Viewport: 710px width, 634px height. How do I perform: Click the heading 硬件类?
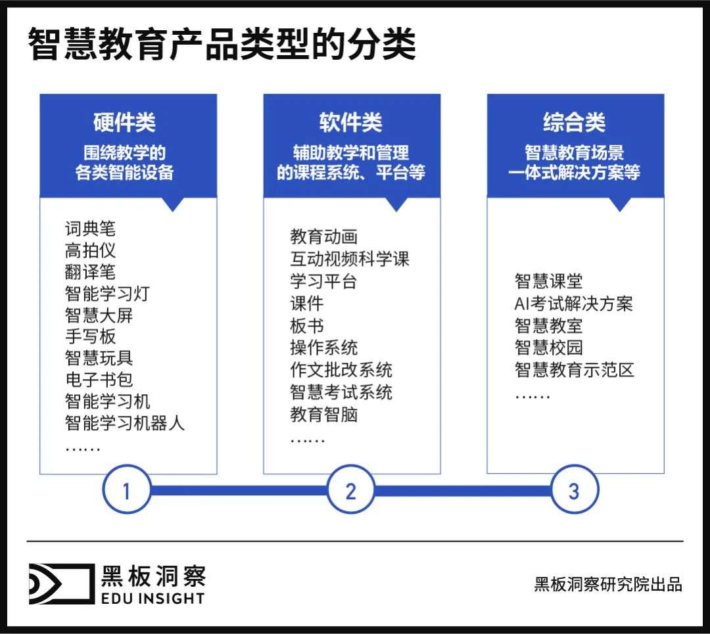(124, 122)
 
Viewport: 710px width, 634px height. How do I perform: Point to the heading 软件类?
(351, 122)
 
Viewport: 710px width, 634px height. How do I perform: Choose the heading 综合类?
(575, 122)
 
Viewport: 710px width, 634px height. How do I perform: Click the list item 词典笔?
(90, 229)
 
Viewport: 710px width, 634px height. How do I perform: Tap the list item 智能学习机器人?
(124, 423)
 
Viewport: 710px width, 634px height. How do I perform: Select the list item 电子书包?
(99, 380)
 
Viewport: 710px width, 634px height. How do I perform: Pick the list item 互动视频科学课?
(350, 259)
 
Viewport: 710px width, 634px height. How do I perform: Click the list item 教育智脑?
(323, 414)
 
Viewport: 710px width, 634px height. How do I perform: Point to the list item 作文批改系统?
(341, 370)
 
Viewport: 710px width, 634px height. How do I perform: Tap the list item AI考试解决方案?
(574, 303)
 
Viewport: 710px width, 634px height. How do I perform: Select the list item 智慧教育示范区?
(574, 370)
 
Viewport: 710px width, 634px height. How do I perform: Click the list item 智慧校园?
(548, 348)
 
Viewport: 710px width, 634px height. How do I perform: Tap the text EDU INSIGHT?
(153, 599)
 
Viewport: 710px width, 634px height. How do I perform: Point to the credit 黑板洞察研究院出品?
(608, 584)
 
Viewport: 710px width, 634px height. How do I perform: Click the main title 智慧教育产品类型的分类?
(222, 44)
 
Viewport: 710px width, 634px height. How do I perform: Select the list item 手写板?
(90, 336)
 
